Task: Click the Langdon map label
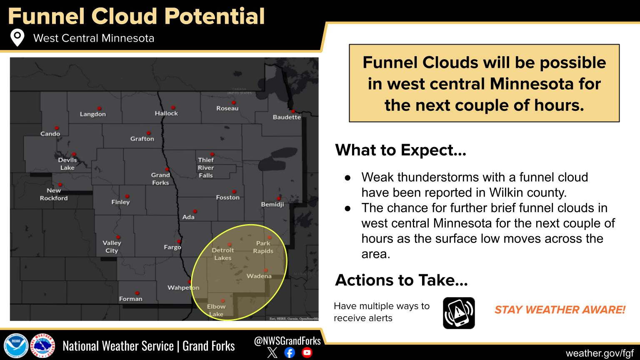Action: (92, 114)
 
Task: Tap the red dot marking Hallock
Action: (173, 108)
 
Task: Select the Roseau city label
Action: (227, 108)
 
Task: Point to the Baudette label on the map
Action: (287, 117)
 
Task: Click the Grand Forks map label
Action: (160, 179)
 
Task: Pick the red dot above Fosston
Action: (234, 192)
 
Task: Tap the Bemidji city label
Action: (272, 205)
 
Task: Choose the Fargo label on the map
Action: (172, 247)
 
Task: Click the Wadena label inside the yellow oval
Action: (259, 276)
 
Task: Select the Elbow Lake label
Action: (216, 310)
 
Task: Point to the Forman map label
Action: (130, 299)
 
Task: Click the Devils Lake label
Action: (67, 164)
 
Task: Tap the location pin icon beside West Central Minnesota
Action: (17, 37)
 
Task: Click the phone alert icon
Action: (459, 313)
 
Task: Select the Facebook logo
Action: (290, 352)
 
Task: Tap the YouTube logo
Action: (307, 352)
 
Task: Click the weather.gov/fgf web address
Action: (600, 353)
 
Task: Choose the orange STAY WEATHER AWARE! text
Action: (560, 310)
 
